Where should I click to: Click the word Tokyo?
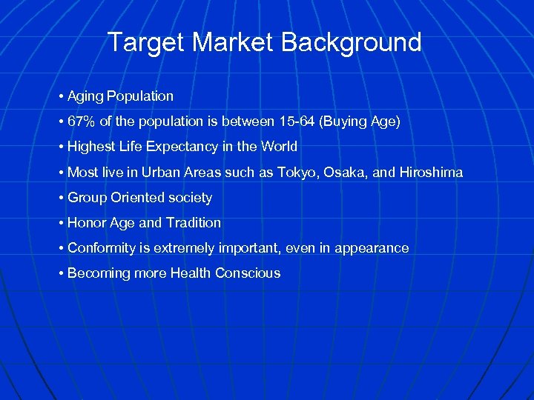pos(295,173)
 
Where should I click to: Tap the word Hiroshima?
pos(430,173)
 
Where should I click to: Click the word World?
pos(279,147)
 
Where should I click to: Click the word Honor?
pos(86,223)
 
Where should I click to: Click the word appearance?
pos(372,248)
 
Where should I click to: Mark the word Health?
pos(191,273)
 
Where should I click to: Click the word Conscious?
pos(248,273)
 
